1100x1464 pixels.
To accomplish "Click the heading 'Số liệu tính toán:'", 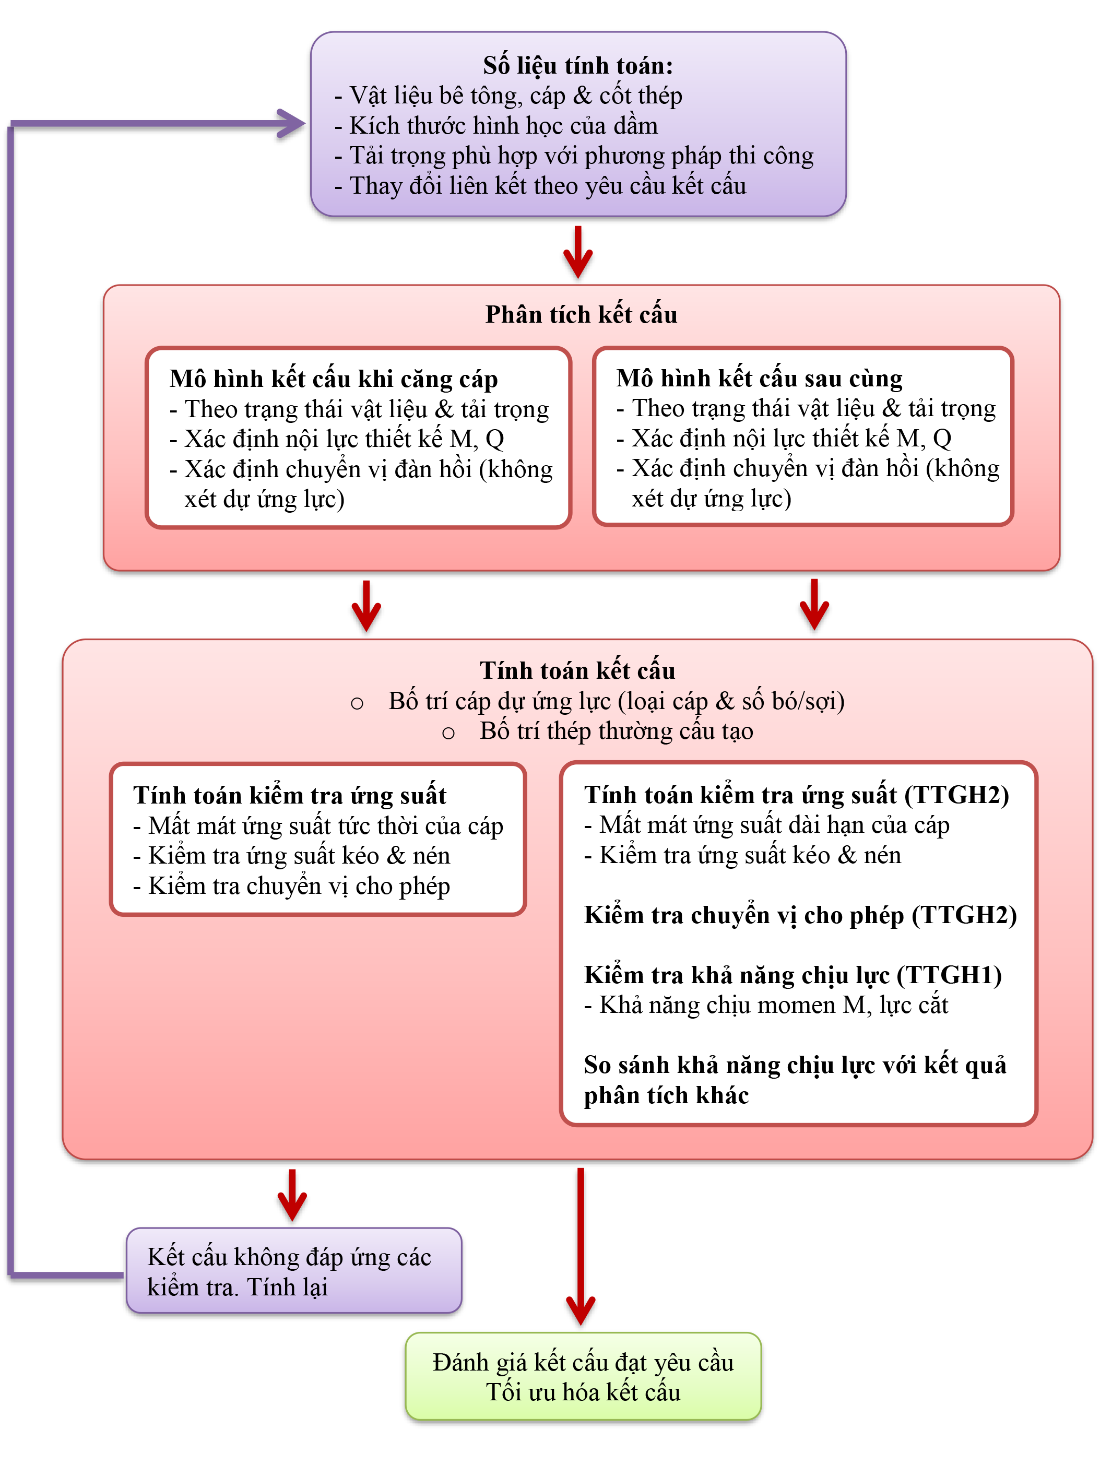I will (577, 65).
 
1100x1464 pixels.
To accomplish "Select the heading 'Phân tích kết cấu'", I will (581, 314).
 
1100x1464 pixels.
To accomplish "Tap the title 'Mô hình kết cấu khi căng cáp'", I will (333, 379).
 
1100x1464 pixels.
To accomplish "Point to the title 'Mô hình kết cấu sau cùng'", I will (759, 378).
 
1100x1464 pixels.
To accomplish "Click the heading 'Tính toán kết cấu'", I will (577, 670).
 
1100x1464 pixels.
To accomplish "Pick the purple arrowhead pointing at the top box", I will (291, 124).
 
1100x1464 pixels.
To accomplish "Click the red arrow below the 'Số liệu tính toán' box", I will (578, 252).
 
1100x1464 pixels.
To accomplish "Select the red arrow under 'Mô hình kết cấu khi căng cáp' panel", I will (366, 606).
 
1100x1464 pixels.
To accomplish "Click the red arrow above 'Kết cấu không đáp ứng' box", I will (292, 1195).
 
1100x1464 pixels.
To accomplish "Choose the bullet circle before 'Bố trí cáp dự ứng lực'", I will (357, 703).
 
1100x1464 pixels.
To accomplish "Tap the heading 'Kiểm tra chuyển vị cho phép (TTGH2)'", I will (799, 915).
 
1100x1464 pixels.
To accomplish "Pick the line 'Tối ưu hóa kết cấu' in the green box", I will (583, 1392).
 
